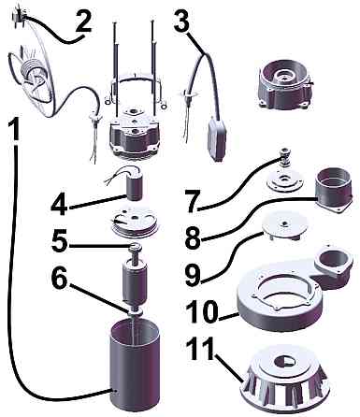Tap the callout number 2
(x=83, y=21)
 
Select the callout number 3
(x=181, y=21)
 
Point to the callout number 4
(x=59, y=205)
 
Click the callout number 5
(x=60, y=241)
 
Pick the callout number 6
(x=60, y=278)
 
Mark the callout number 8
(x=194, y=239)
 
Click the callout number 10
(x=201, y=312)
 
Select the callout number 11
(x=201, y=349)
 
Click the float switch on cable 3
(x=217, y=138)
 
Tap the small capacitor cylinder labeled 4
(x=135, y=185)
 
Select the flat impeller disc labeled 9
(x=284, y=225)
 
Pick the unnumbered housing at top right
(x=284, y=85)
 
